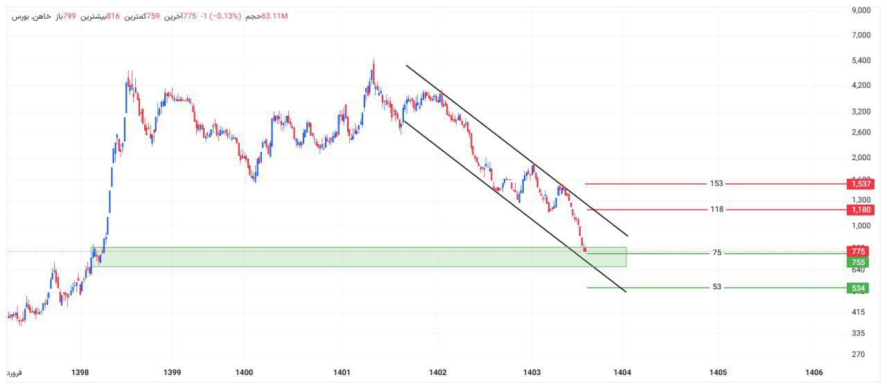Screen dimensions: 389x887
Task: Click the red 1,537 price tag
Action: point(859,184)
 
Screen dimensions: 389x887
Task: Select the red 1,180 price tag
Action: point(859,209)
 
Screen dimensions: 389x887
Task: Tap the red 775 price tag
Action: point(859,251)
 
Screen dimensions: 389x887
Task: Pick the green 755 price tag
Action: point(859,262)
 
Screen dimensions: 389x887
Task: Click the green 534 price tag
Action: point(859,288)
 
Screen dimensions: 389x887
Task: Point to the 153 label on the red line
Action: point(717,184)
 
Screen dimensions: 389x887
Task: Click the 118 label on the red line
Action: point(717,209)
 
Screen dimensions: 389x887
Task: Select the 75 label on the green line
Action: point(717,253)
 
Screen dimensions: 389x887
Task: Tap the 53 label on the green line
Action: point(717,287)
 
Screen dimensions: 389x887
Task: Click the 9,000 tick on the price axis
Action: point(861,10)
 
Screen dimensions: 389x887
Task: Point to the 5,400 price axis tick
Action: point(861,61)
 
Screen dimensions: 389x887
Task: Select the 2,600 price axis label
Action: point(861,132)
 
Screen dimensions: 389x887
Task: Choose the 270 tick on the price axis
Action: point(861,354)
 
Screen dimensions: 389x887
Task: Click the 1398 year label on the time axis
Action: point(80,372)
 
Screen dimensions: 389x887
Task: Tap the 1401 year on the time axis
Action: point(342,372)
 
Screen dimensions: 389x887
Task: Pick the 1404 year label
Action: point(622,372)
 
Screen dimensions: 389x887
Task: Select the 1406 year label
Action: point(814,372)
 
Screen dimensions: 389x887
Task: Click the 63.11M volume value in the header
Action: point(274,16)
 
